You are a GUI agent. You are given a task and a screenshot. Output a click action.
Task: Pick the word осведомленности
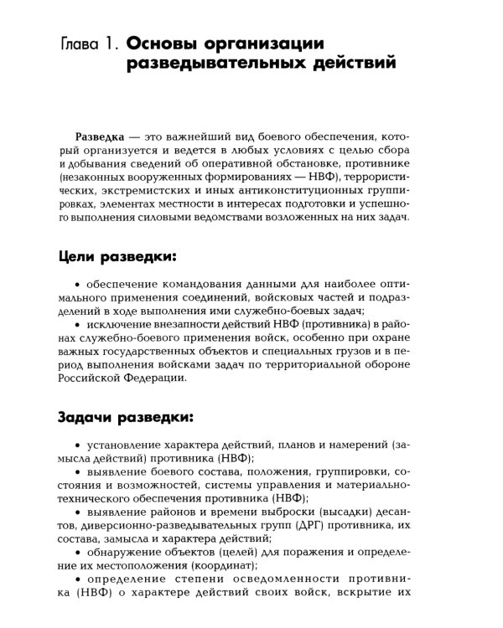point(300,590)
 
